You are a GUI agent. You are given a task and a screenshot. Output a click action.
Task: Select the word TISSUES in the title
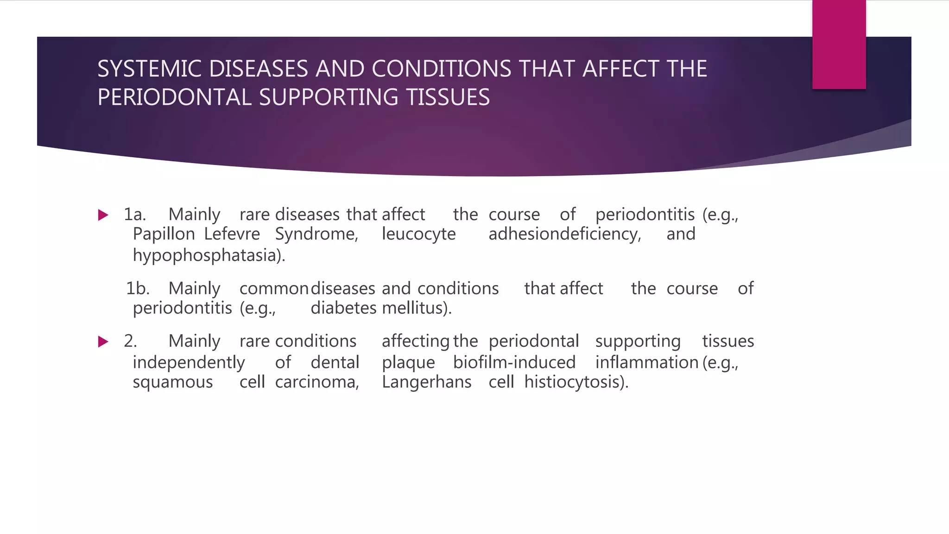coord(448,97)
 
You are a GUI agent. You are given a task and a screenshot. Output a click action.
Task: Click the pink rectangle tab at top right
coord(839,44)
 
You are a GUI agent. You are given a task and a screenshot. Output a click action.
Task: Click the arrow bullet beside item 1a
coord(103,215)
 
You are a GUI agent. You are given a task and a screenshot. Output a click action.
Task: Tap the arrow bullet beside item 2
coord(103,342)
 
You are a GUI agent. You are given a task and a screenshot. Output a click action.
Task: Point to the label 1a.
coord(135,215)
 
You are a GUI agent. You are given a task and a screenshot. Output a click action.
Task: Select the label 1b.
coord(138,289)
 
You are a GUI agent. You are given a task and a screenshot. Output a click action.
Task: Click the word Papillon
coord(164,234)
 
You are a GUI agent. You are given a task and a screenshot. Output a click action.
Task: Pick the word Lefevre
coord(232,234)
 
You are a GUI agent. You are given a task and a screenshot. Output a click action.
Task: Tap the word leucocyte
coord(418,234)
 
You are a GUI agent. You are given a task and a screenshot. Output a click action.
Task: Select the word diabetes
coord(343,308)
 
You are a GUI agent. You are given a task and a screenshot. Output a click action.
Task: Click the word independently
coord(189,362)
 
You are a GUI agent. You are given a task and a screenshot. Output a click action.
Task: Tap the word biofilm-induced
coord(514,362)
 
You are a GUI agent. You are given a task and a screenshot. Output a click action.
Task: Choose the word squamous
coord(173,382)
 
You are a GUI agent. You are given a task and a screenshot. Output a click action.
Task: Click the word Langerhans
coord(426,382)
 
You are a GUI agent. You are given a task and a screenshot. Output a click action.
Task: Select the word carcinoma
coord(317,382)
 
